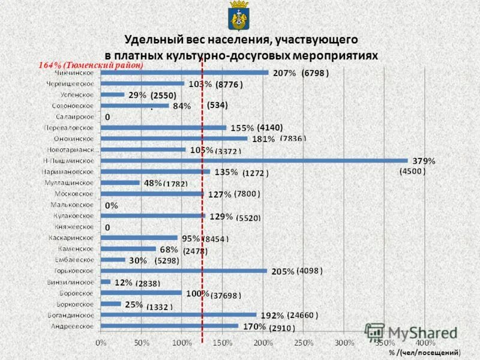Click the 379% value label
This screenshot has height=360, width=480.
click(424, 161)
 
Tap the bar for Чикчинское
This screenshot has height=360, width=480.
click(184, 73)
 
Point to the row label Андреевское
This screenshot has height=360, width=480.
click(70, 326)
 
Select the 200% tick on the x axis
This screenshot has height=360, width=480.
click(263, 342)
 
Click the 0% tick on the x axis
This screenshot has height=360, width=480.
click(101, 342)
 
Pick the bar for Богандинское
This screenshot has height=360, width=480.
click(178, 314)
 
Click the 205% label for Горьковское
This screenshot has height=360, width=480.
click(283, 271)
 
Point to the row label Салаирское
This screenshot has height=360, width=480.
click(74, 116)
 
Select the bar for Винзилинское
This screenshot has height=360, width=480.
click(106, 281)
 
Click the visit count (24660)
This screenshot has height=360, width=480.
click(302, 315)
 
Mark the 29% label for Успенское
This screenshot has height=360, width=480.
click(137, 95)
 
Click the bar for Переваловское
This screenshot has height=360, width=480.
click(163, 128)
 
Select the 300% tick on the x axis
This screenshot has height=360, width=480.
click(344, 342)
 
